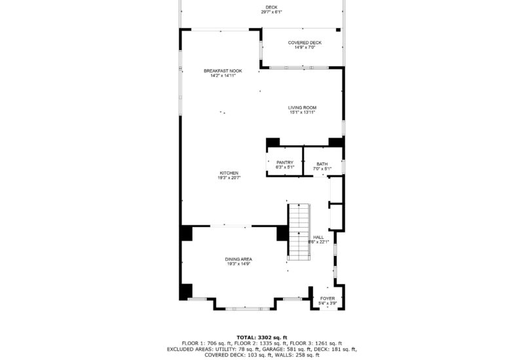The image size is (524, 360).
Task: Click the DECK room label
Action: (x=261, y=8)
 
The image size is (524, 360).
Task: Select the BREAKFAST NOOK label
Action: (x=223, y=71)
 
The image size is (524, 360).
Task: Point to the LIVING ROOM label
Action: (x=303, y=107)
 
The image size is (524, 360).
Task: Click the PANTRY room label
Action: (x=284, y=162)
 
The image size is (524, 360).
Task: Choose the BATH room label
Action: (x=322, y=164)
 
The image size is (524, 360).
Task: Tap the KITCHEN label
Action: (x=229, y=173)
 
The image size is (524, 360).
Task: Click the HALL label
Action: (x=318, y=237)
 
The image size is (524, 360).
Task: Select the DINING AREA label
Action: (x=239, y=259)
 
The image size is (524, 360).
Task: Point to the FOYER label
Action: (x=327, y=298)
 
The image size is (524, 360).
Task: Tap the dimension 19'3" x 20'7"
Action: (x=229, y=177)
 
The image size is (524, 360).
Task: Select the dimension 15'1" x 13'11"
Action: (x=303, y=112)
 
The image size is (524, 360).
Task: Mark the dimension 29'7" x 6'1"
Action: (x=261, y=12)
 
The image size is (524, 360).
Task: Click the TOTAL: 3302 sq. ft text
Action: (x=262, y=337)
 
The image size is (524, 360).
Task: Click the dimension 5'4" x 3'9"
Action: (x=327, y=303)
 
